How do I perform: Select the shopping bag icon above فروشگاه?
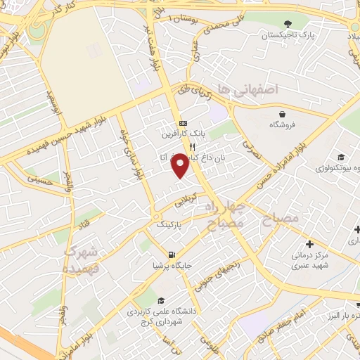(283, 113)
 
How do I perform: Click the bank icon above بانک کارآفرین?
(183, 120)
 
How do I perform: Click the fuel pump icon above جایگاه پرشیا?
(172, 255)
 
